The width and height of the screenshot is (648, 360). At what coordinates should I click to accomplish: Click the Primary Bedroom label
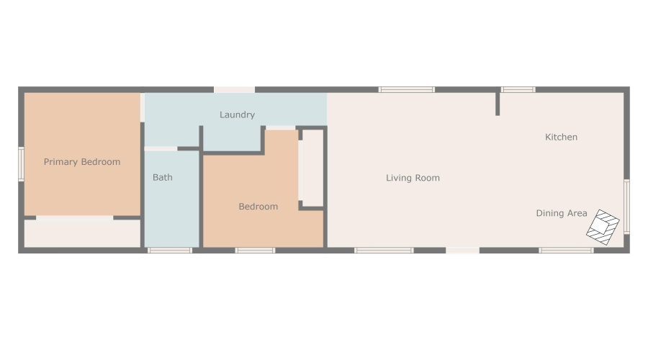click(x=81, y=162)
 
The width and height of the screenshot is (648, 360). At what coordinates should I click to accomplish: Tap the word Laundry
click(x=237, y=114)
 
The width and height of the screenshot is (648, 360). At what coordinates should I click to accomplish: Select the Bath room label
click(x=162, y=177)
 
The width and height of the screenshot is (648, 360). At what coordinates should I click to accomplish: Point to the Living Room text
click(x=413, y=178)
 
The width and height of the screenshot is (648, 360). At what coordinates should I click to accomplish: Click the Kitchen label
click(x=561, y=137)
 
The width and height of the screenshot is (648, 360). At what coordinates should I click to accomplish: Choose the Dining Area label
click(x=561, y=213)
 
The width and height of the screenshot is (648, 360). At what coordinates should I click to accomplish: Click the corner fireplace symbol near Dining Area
click(x=602, y=228)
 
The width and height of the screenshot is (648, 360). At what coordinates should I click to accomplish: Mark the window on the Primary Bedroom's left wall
click(x=21, y=163)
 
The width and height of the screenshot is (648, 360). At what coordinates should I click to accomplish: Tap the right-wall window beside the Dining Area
click(x=626, y=206)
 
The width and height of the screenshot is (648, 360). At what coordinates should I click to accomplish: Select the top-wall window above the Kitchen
click(x=518, y=89)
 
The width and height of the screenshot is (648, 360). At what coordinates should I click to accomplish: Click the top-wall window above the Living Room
click(x=407, y=89)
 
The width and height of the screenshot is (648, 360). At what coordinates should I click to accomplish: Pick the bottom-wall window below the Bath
click(x=170, y=251)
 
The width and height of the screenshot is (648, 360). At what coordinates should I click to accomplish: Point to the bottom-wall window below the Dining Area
click(x=566, y=251)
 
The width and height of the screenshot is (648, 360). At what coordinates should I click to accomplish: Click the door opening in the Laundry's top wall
click(x=234, y=89)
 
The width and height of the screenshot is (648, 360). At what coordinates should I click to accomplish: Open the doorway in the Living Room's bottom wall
click(x=462, y=251)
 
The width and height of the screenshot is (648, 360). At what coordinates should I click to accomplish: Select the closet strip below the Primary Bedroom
click(x=82, y=233)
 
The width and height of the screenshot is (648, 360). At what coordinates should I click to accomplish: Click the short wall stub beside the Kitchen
click(x=497, y=103)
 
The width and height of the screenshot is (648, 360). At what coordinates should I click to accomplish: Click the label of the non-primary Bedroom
click(x=258, y=207)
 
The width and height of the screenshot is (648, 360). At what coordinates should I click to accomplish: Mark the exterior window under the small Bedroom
click(x=255, y=251)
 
